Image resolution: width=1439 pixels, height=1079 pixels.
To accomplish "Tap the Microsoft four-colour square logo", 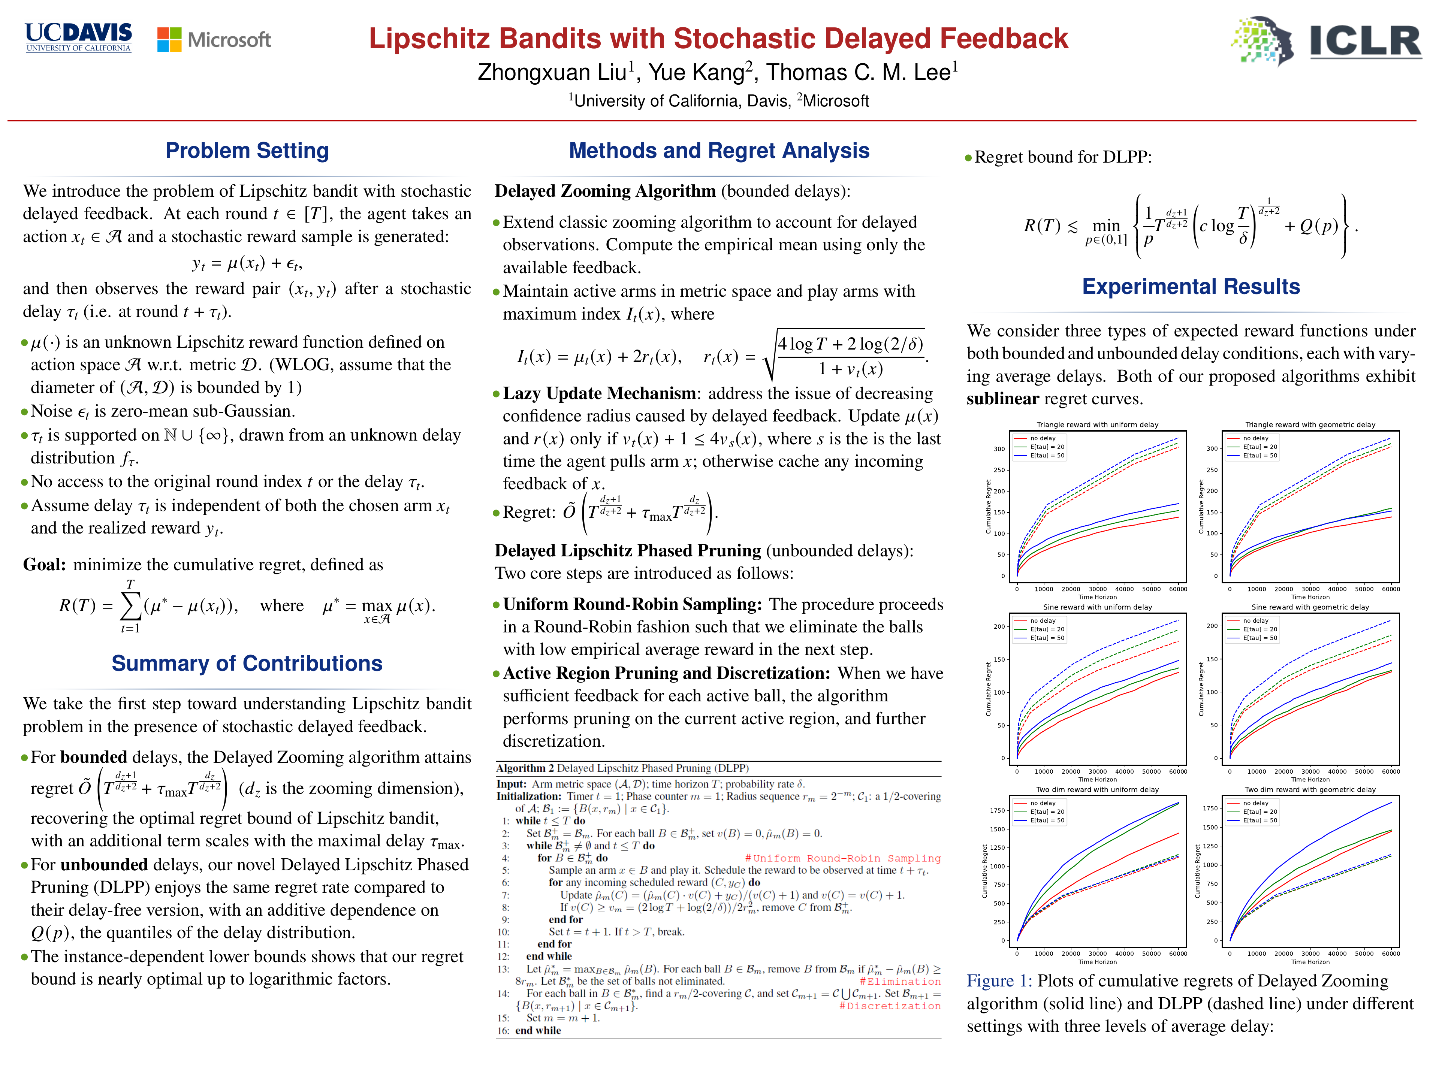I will (169, 40).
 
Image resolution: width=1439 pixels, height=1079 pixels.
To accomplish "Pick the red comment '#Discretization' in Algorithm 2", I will (889, 1006).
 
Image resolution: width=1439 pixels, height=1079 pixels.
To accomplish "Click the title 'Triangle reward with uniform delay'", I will (1098, 425).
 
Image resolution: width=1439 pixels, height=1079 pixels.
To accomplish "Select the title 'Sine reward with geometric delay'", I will (1310, 607).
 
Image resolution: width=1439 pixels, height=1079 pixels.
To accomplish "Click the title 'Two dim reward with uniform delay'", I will (1098, 789).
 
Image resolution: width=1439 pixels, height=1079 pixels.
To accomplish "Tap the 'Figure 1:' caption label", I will (999, 981).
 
